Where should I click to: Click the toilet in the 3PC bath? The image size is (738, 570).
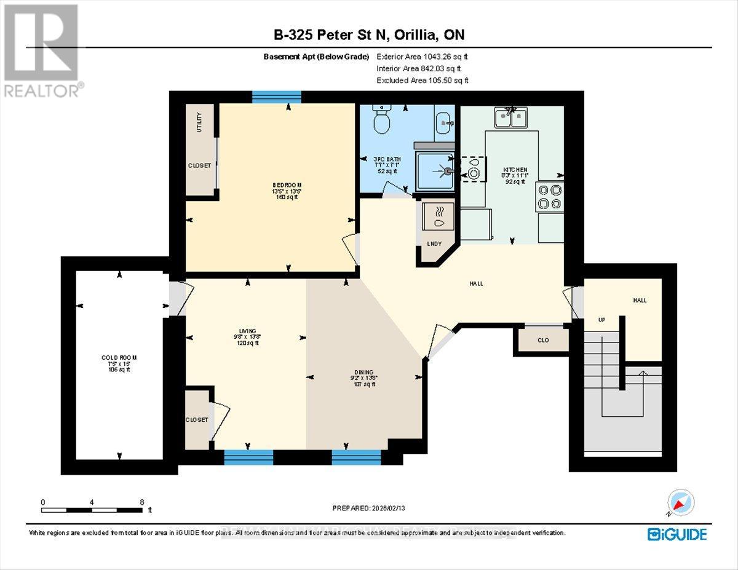(382, 122)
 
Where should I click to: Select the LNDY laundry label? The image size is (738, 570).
(434, 243)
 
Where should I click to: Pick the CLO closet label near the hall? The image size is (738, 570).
(542, 340)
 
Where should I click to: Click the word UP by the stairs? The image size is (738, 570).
(601, 321)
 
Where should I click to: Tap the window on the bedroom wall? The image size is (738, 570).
(276, 97)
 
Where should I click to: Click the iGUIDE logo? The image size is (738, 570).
(676, 534)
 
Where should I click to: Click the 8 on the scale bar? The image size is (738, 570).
(141, 502)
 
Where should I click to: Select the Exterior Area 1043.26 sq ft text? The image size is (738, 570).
(426, 56)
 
